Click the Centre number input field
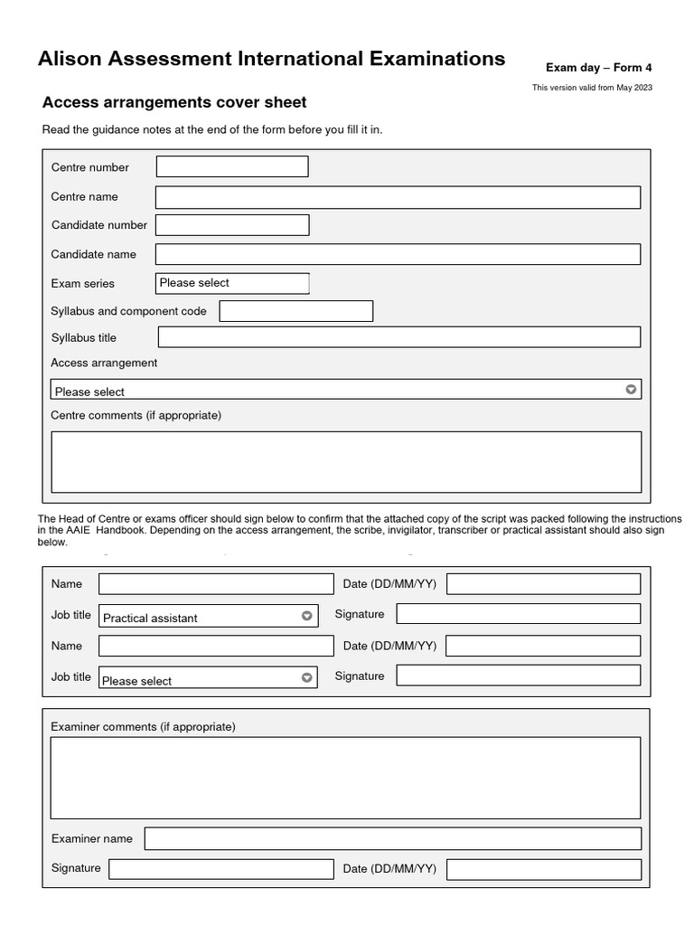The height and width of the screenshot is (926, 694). click(232, 166)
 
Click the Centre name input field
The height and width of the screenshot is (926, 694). click(398, 197)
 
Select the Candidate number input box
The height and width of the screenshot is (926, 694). click(232, 224)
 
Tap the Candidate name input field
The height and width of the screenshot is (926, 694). click(398, 254)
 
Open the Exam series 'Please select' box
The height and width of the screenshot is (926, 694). click(232, 283)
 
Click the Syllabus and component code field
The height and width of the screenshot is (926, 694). click(296, 311)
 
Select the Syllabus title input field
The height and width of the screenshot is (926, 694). click(399, 337)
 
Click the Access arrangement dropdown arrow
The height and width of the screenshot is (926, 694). click(631, 390)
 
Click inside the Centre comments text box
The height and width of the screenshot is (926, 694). click(346, 461)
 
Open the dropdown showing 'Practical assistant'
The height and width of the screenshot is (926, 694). click(208, 617)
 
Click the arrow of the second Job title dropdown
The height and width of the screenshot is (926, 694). click(307, 677)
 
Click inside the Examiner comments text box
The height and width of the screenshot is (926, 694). click(345, 778)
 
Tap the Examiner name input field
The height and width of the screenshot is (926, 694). click(393, 838)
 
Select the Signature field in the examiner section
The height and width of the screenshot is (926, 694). click(221, 869)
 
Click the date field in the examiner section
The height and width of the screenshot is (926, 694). click(543, 869)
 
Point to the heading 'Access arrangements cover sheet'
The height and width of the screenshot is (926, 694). click(174, 102)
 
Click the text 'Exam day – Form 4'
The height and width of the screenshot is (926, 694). click(598, 68)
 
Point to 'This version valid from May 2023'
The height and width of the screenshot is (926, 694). click(592, 88)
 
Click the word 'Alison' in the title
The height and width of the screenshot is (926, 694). click(71, 60)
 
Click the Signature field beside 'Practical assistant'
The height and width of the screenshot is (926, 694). click(518, 614)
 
